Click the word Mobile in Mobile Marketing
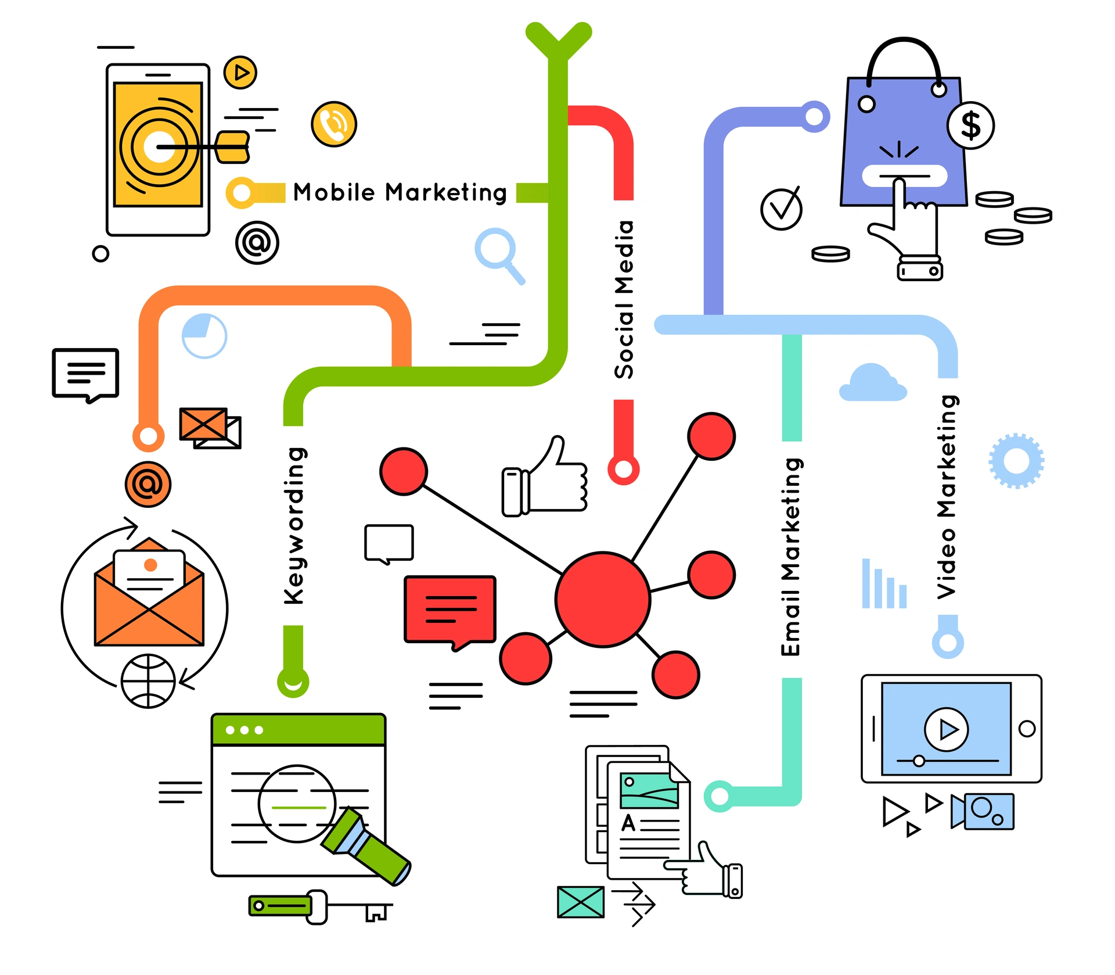(334, 192)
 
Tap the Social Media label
(624, 299)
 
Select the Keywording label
(294, 526)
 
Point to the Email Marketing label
(791, 557)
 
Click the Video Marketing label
(947, 497)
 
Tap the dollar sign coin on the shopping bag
(970, 126)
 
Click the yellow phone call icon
(334, 124)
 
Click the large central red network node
(602, 599)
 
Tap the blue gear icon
(1016, 461)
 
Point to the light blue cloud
(872, 383)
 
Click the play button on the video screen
(946, 729)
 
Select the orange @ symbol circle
(148, 484)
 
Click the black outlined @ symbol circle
(257, 242)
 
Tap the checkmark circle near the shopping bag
(781, 209)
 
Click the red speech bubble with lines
(450, 610)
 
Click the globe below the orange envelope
(148, 681)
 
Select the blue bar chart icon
(884, 586)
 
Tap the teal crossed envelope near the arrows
(580, 902)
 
